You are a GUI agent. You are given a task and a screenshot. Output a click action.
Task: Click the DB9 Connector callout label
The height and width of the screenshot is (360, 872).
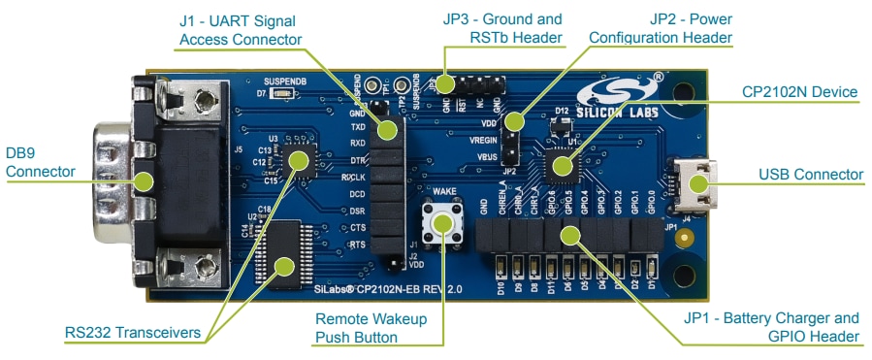[x=40, y=163]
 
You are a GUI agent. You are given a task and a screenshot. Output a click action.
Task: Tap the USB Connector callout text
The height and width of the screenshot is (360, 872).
[x=812, y=175]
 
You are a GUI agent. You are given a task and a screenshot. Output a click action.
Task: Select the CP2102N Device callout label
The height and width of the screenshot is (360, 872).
[x=799, y=92]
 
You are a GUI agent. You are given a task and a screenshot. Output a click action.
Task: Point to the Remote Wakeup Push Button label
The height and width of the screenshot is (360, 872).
[x=375, y=328]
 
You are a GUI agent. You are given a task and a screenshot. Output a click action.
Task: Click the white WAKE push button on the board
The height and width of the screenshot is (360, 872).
[x=443, y=222]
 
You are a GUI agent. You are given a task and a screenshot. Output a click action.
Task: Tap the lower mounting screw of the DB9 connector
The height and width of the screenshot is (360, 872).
[x=206, y=262]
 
